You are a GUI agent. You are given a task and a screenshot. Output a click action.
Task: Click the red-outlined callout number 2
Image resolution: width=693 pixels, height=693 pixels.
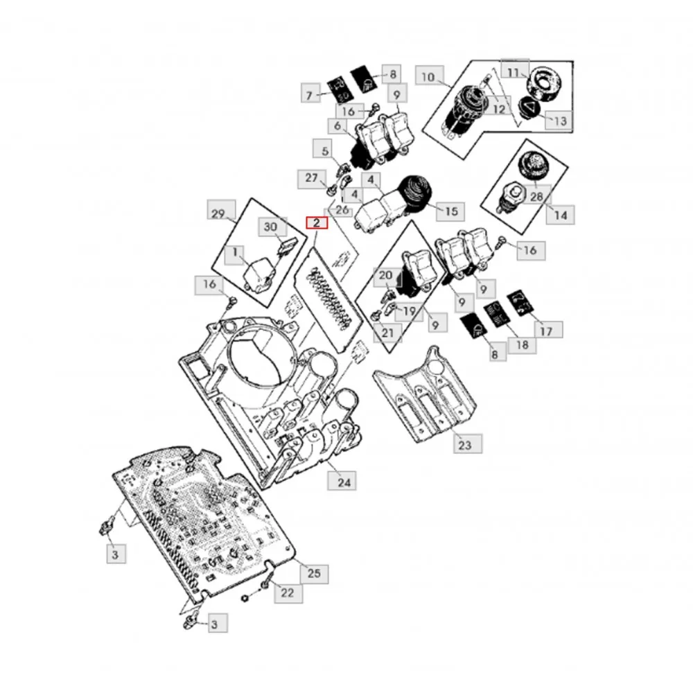click(316, 223)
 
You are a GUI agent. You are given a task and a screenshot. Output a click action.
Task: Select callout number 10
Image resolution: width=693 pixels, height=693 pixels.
click(428, 76)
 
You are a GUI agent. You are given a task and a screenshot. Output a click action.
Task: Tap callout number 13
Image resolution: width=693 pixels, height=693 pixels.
click(559, 121)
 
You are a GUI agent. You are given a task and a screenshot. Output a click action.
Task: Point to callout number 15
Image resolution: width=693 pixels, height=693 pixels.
click(451, 211)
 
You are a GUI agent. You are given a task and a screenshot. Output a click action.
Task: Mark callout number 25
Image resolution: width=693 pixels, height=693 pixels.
click(313, 574)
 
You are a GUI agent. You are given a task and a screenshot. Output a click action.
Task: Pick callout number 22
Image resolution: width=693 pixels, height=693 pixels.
click(287, 593)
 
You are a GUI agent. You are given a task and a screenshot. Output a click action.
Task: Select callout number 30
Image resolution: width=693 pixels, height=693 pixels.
click(270, 227)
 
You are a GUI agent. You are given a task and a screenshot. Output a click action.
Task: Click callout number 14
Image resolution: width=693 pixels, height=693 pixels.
click(560, 215)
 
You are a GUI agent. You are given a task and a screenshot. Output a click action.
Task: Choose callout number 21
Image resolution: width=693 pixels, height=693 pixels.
click(387, 334)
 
